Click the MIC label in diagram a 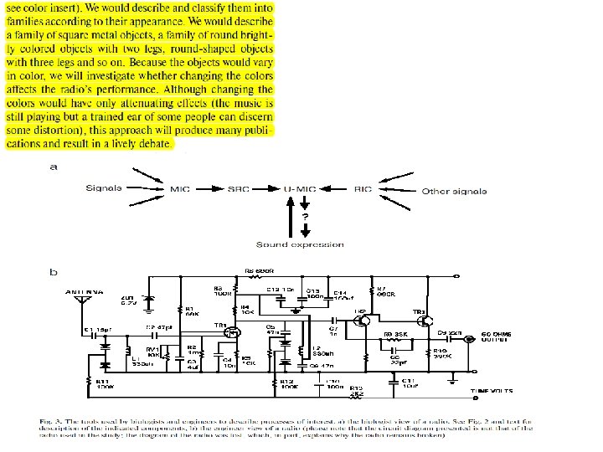181,191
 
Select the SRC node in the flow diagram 239,191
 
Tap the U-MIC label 300,191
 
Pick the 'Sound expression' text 299,244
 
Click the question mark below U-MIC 305,216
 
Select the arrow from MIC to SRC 209,191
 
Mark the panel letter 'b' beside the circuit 53,271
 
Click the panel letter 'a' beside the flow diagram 53,167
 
